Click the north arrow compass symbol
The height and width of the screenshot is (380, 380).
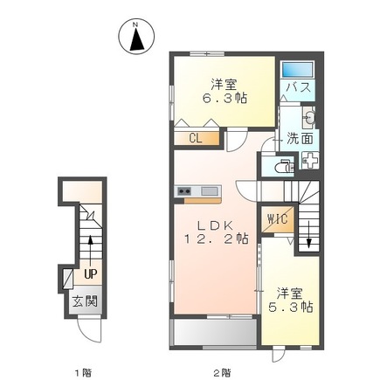click(x=136, y=37)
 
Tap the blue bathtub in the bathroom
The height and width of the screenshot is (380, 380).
click(x=297, y=70)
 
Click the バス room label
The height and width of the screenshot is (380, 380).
click(x=298, y=87)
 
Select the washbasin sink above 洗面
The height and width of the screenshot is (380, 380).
click(x=309, y=117)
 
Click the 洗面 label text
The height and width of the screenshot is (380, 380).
click(x=300, y=139)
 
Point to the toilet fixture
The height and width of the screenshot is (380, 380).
click(x=284, y=167)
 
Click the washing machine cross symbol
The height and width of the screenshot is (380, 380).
click(x=310, y=161)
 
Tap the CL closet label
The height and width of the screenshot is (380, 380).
click(x=196, y=139)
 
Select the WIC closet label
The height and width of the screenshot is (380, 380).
click(x=277, y=218)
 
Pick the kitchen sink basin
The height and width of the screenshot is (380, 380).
click(x=209, y=191)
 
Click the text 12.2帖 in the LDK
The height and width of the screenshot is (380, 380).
click(x=216, y=238)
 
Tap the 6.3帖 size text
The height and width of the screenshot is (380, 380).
click(x=225, y=98)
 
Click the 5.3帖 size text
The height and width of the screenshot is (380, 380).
click(x=290, y=307)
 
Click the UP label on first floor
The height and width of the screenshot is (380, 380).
click(x=90, y=273)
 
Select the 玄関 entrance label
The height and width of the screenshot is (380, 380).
click(x=85, y=301)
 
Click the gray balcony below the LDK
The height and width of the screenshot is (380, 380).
click(x=215, y=333)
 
